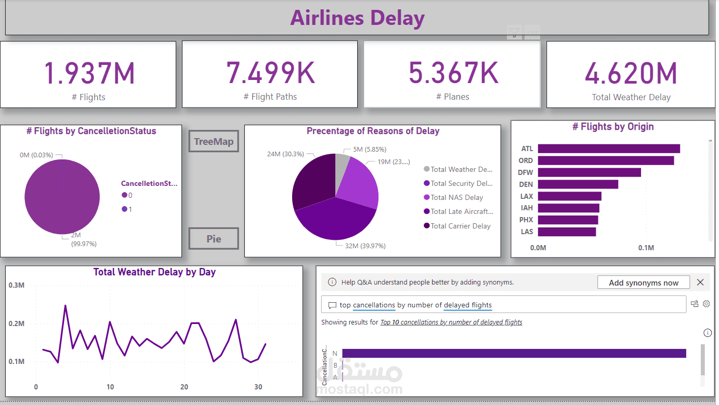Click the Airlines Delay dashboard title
click(357, 18)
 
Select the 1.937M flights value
click(89, 73)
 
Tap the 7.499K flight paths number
click(270, 73)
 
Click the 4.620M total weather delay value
click(631, 73)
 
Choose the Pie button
click(214, 239)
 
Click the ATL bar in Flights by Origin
click(609, 149)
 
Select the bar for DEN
click(578, 184)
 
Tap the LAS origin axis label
click(527, 232)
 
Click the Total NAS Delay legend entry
click(456, 197)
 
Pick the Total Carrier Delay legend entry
click(460, 226)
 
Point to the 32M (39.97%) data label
click(365, 246)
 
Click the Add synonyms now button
click(643, 282)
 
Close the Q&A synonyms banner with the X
click(700, 282)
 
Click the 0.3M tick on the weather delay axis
click(17, 285)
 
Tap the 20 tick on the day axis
click(184, 387)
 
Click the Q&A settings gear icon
click(706, 304)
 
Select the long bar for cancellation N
click(514, 353)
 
